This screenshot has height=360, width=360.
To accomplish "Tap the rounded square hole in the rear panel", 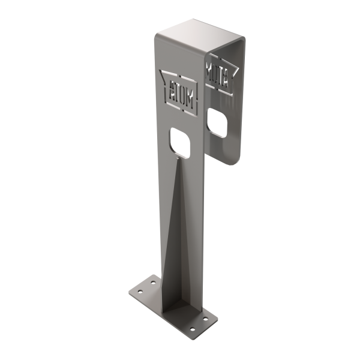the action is [217, 123].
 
